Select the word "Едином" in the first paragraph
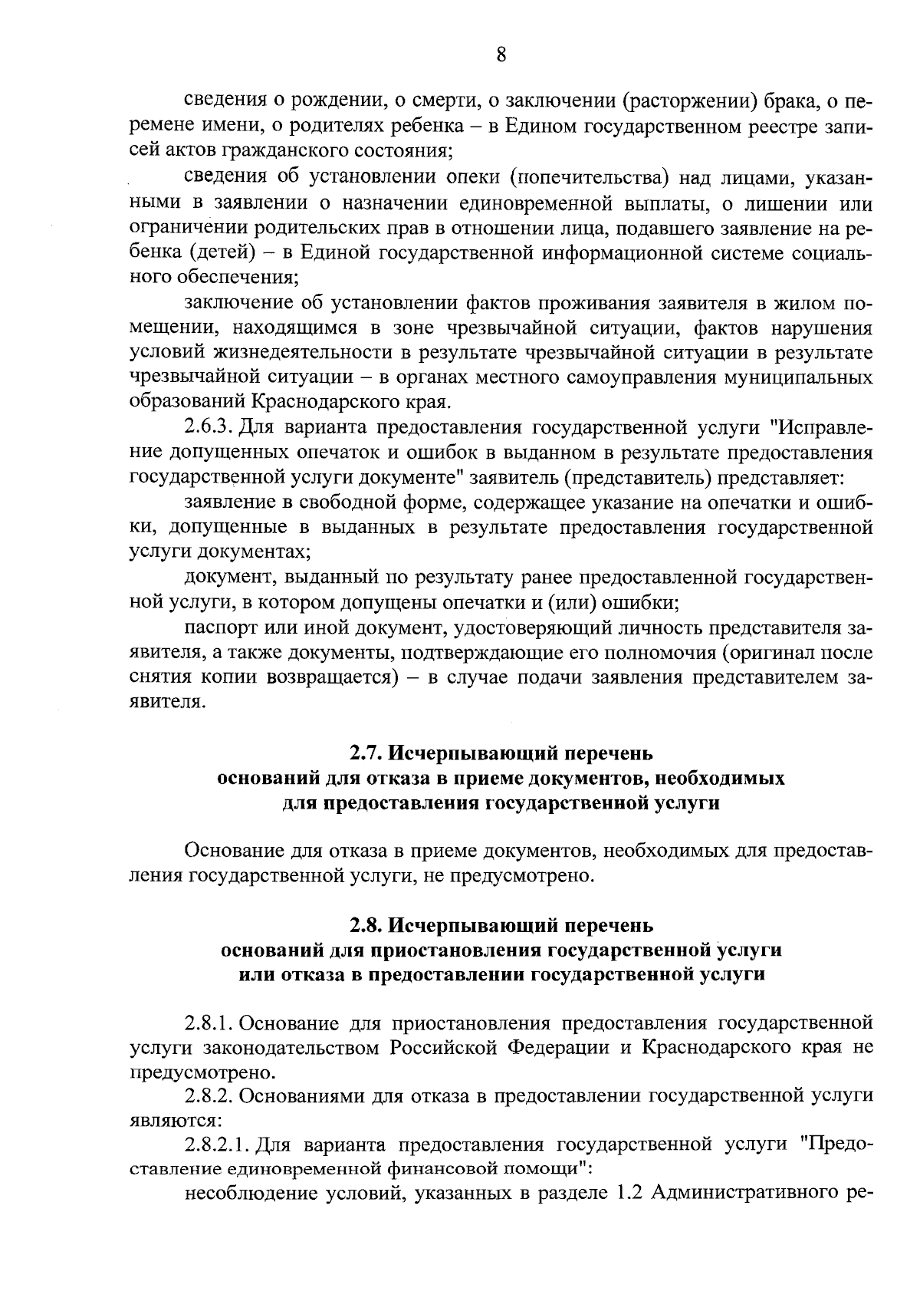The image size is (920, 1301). tap(535, 127)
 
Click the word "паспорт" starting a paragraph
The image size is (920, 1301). tap(217, 628)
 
